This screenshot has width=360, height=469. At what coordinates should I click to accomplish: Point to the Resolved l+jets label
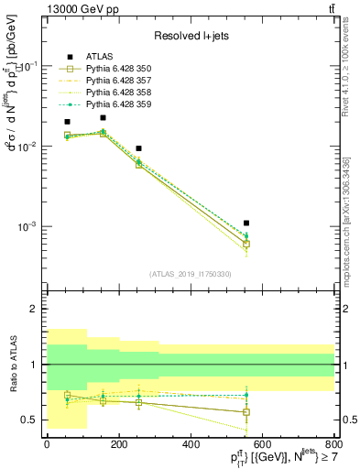[191, 36]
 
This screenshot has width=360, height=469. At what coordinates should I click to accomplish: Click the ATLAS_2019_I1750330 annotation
[191, 274]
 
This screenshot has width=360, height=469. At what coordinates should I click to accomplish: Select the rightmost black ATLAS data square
[246, 223]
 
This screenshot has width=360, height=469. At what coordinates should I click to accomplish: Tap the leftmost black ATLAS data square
[67, 121]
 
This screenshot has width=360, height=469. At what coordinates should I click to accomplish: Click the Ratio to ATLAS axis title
[14, 365]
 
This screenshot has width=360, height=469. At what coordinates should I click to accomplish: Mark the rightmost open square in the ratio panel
[246, 412]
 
